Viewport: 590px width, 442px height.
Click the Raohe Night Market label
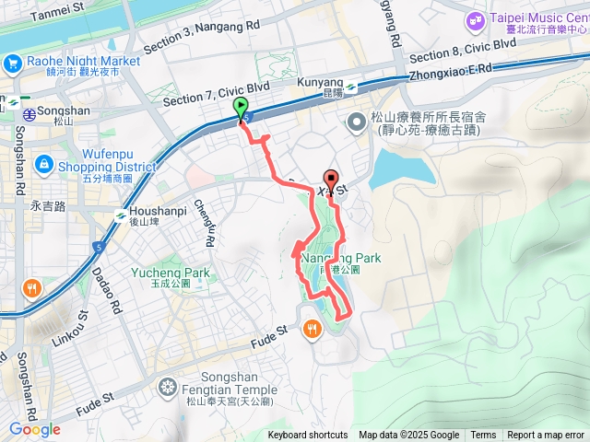point(83,61)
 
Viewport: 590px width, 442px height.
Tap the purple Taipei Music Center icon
point(476,19)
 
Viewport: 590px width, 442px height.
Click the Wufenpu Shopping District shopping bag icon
point(43,164)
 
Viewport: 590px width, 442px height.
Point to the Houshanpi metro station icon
point(120,215)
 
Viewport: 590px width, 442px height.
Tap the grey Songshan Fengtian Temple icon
point(167,386)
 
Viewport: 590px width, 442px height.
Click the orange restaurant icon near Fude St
point(313,328)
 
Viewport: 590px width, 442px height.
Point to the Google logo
point(35,429)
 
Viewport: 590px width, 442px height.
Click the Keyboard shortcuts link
point(308,436)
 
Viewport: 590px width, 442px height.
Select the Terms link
point(483,436)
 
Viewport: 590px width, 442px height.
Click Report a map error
point(547,436)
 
